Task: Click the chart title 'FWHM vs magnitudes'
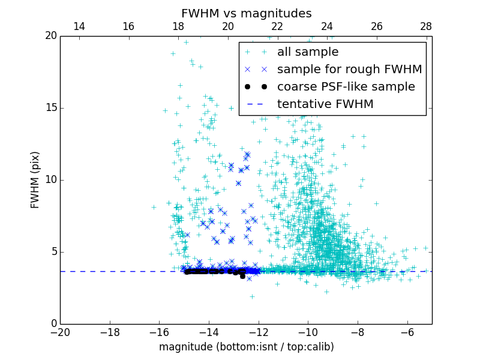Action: [x=246, y=13]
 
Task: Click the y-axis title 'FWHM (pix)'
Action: [x=35, y=179]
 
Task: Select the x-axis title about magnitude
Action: [x=246, y=347]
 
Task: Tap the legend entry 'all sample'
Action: [x=307, y=52]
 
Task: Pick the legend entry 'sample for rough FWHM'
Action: [x=349, y=70]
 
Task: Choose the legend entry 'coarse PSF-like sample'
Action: [x=346, y=87]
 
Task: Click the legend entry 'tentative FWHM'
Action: [x=325, y=104]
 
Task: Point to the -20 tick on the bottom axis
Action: [x=60, y=332]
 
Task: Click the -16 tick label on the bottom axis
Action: [x=159, y=332]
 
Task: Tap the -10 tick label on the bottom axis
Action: [x=308, y=332]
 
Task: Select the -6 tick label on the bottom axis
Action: [x=407, y=332]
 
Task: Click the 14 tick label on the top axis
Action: [x=79, y=26]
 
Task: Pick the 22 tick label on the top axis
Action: [x=277, y=26]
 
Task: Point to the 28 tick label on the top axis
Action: [x=426, y=26]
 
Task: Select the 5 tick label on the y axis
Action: [x=52, y=252]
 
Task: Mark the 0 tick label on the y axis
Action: [x=52, y=324]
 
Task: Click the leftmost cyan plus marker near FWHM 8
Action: [x=154, y=207]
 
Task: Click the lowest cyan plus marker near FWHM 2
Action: [x=252, y=296]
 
